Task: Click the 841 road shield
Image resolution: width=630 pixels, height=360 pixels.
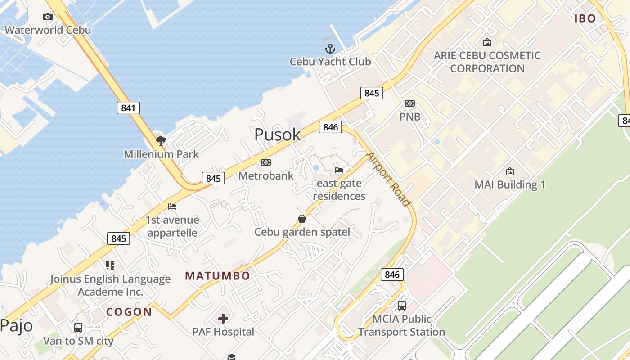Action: tap(128, 108)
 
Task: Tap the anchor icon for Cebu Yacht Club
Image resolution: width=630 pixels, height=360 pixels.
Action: tap(331, 49)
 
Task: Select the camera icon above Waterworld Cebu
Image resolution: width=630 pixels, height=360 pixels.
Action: tap(47, 17)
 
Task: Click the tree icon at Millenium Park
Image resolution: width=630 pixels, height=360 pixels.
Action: tap(161, 141)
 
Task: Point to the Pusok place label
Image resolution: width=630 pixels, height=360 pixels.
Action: tap(277, 135)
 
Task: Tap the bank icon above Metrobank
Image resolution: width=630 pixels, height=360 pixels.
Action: tap(266, 162)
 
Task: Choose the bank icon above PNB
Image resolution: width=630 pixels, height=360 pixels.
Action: tap(409, 103)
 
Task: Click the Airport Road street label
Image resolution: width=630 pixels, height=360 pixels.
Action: tap(389, 179)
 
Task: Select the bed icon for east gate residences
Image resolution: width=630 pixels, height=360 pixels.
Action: tap(339, 170)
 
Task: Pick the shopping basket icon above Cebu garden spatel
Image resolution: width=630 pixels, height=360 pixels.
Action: tap(302, 219)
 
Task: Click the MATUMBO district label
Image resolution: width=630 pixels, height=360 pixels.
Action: tap(218, 276)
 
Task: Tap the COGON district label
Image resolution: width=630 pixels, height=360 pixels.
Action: tap(129, 312)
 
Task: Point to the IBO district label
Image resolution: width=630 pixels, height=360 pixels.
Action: tap(585, 18)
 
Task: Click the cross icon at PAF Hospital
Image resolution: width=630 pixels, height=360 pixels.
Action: tap(223, 319)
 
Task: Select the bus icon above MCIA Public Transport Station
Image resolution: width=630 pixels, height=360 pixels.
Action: tap(401, 306)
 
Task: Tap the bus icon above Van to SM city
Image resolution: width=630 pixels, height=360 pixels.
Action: tap(78, 328)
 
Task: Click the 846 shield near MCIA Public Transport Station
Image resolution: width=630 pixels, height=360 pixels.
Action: tap(392, 274)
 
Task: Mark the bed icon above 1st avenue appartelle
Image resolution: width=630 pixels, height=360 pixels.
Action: tap(172, 207)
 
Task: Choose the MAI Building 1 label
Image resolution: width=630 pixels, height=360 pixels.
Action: tap(510, 185)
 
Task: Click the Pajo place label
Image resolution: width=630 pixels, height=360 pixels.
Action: tap(16, 325)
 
